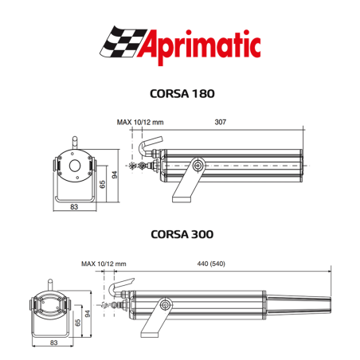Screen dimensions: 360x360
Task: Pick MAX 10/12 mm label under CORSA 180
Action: (139, 123)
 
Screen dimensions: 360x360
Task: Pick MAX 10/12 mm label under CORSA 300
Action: (104, 262)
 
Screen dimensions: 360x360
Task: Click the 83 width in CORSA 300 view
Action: (54, 342)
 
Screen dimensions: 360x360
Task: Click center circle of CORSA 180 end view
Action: (73, 167)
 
